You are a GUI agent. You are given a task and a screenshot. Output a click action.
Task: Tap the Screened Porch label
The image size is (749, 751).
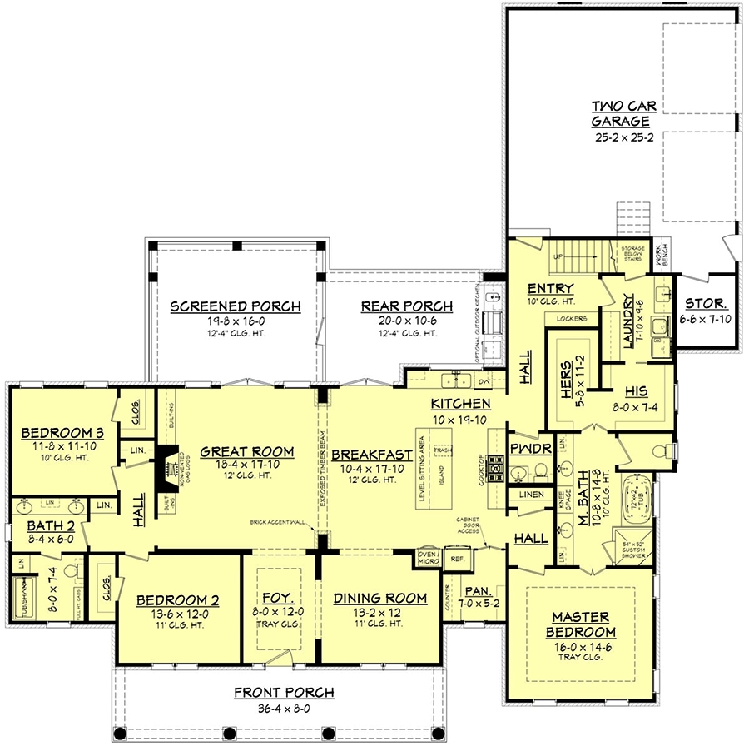[236, 306]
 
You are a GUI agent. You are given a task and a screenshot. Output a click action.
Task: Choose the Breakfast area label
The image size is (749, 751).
[372, 455]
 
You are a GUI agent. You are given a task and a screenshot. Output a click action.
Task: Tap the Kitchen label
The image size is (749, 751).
[460, 404]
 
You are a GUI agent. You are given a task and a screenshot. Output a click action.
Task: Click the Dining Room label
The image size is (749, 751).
[379, 598]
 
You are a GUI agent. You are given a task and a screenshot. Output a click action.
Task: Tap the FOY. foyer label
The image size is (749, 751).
[278, 598]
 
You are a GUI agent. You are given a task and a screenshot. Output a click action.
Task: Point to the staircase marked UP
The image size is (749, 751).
[574, 256]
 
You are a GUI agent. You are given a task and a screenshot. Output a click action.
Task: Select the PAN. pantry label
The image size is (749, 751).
[477, 589]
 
